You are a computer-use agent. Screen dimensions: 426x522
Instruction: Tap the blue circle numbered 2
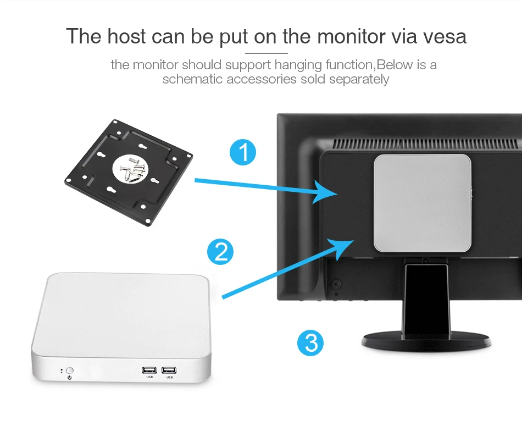click(x=220, y=252)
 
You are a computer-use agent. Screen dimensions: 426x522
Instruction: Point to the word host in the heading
click(x=126, y=36)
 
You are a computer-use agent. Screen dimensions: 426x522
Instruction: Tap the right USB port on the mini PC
click(x=169, y=370)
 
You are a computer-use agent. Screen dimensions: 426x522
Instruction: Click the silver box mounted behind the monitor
click(x=422, y=202)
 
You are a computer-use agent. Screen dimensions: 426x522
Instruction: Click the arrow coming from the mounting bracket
click(x=264, y=187)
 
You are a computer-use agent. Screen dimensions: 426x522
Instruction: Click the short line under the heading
click(x=266, y=53)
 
